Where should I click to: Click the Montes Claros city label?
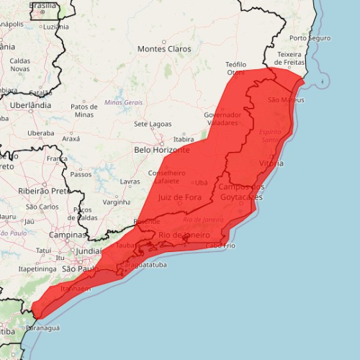(164, 49)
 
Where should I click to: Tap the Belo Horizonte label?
(162, 150)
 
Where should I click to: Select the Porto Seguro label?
(310, 37)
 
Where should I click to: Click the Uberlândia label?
(31, 104)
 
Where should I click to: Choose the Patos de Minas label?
(84, 110)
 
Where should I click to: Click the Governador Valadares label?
(222, 119)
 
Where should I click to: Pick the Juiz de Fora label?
(181, 197)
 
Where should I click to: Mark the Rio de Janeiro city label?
(184, 235)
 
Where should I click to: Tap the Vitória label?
(271, 163)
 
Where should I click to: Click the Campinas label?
(68, 235)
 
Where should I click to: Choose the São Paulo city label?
(79, 269)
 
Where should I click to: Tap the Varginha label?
(116, 202)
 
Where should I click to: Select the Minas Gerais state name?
(123, 102)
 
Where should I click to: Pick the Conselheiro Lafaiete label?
(167, 177)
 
